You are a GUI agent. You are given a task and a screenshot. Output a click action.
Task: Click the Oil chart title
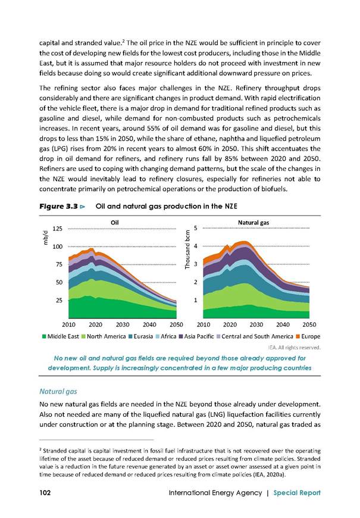click(x=115, y=223)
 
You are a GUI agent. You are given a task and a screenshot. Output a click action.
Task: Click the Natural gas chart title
click(x=253, y=223)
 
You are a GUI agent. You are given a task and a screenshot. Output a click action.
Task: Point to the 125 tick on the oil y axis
click(x=58, y=229)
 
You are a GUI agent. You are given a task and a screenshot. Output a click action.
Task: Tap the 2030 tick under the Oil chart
click(x=122, y=324)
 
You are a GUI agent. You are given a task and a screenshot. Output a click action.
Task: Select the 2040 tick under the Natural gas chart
click(x=283, y=324)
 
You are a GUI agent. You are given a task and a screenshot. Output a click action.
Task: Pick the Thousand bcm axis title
click(x=187, y=249)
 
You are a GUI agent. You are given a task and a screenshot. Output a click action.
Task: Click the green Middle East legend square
click(x=44, y=336)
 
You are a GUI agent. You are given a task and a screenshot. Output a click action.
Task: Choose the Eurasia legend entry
click(x=140, y=336)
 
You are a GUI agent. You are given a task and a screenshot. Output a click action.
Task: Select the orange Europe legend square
click(x=298, y=336)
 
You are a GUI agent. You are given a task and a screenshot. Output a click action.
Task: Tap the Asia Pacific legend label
click(x=199, y=336)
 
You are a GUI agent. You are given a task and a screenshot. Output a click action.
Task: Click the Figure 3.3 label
click(x=58, y=207)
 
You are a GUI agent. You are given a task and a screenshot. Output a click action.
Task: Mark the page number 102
click(x=45, y=493)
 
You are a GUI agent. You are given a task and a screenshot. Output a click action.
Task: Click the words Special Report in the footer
click(x=296, y=493)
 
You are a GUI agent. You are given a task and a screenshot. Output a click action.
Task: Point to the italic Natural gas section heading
click(x=58, y=392)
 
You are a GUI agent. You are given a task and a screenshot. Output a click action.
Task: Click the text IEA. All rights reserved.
click(x=294, y=348)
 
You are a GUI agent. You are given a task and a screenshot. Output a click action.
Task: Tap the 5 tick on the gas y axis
click(x=196, y=228)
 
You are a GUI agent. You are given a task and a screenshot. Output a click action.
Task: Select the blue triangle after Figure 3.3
click(x=83, y=207)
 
